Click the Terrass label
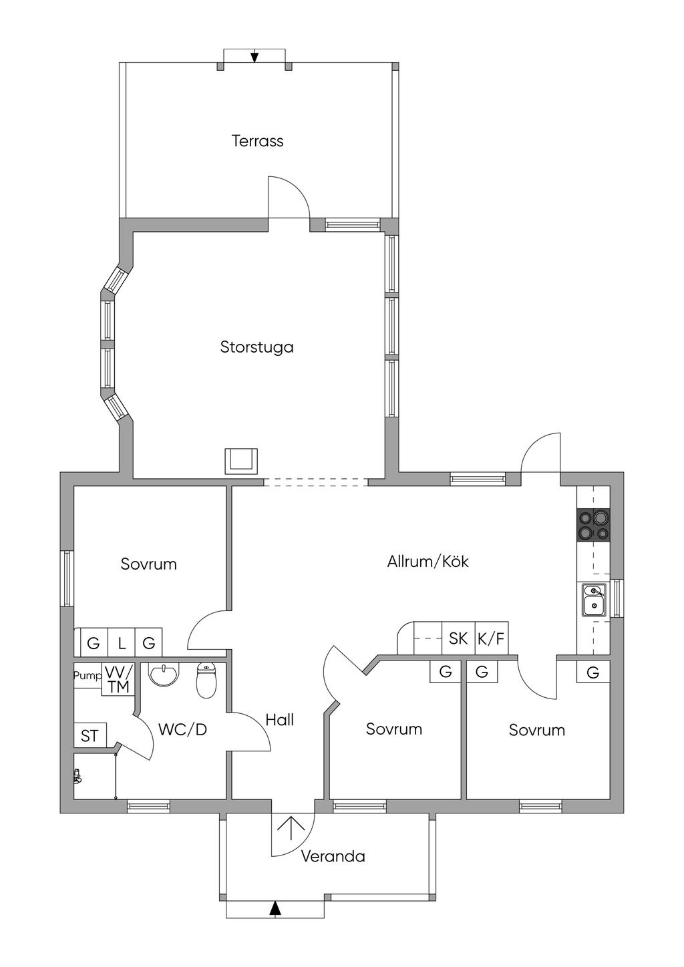[257, 141]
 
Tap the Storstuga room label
[257, 347]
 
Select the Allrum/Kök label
[428, 561]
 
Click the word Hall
[280, 720]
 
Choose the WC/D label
[182, 729]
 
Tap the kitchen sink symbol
[594, 600]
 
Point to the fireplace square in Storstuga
[241, 461]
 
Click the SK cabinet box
[458, 638]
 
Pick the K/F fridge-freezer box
[492, 638]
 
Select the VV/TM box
[118, 679]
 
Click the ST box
[90, 735]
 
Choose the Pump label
[88, 675]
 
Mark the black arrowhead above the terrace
[254, 57]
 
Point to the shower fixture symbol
[77, 777]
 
